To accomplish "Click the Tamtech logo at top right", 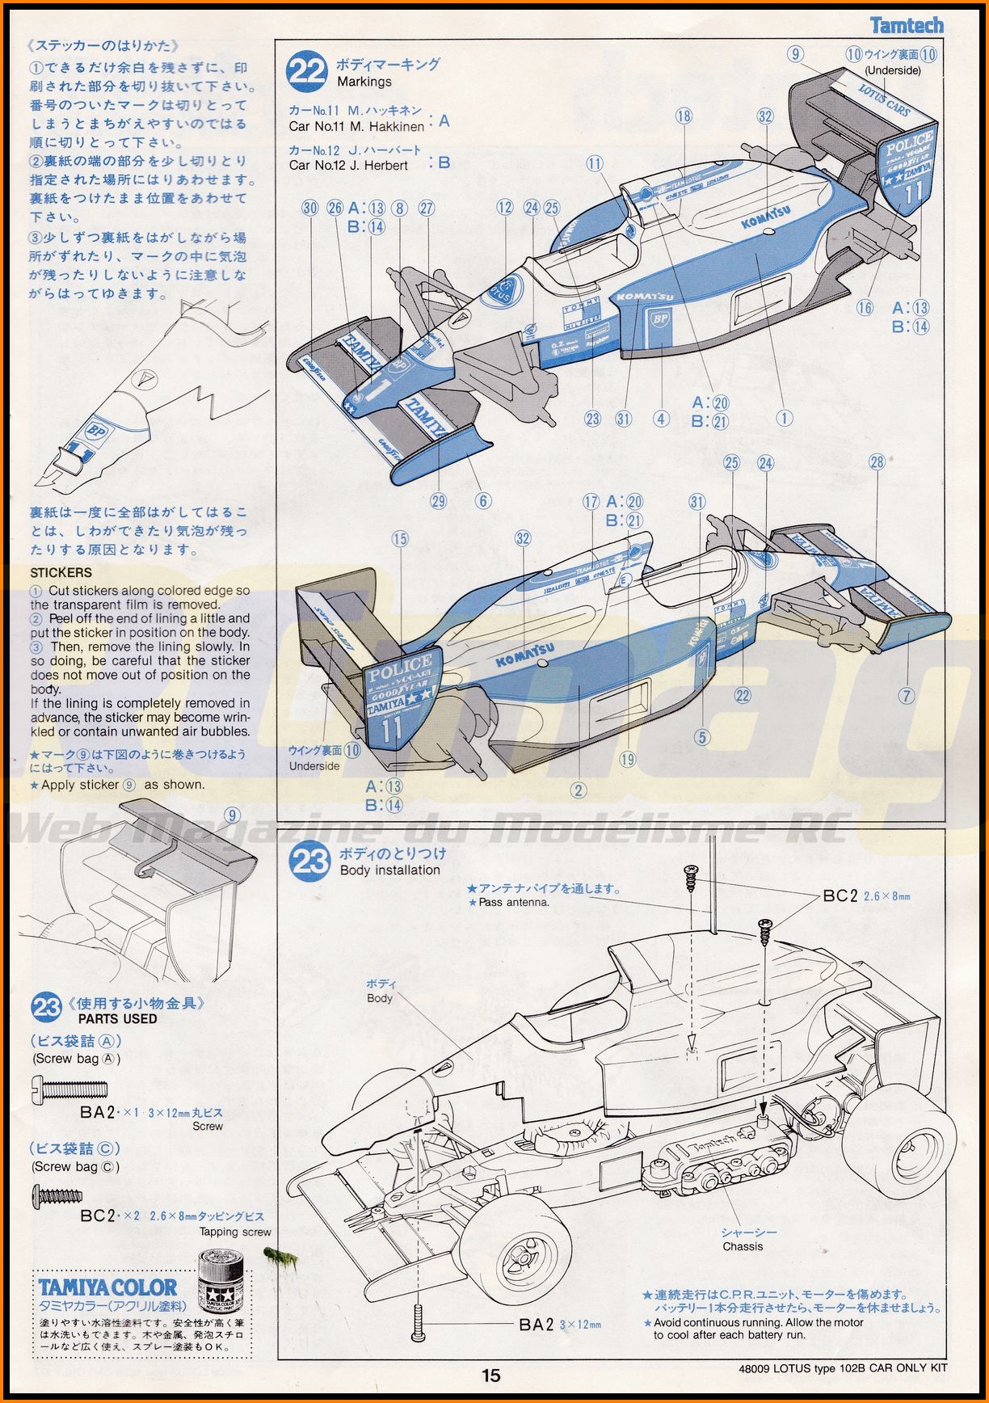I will point(906,25).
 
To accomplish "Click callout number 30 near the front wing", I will point(310,208).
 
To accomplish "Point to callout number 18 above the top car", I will point(684,116).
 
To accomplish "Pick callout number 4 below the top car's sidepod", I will point(661,418).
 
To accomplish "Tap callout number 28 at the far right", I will point(877,462).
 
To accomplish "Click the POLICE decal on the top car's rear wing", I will point(909,149).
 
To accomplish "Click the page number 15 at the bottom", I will point(491,1375).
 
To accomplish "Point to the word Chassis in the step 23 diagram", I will point(743,1247).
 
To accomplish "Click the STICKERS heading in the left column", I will point(61,572).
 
